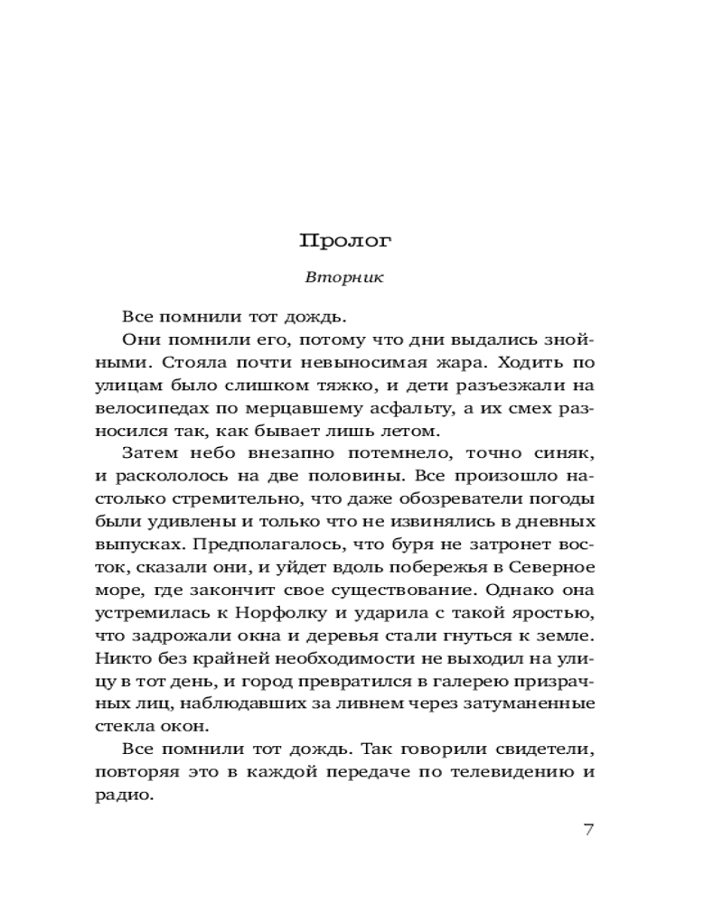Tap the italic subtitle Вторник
(x=344, y=277)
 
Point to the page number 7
(x=588, y=830)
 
